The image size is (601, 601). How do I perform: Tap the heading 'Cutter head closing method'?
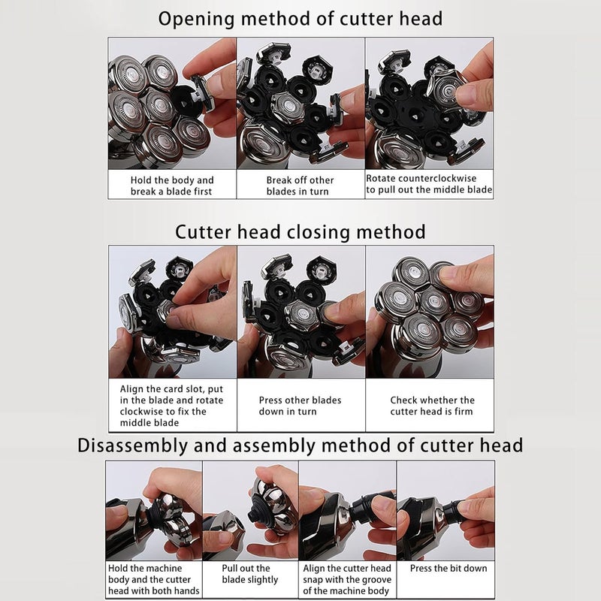300,232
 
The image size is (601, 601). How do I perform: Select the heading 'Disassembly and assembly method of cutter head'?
300,445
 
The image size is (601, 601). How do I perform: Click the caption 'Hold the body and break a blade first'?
172,186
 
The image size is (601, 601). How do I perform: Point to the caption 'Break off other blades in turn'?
300,186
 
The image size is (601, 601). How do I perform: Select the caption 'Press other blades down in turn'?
300,406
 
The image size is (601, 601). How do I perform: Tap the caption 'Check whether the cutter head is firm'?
432,406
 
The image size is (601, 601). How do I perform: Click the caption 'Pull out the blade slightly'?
250,574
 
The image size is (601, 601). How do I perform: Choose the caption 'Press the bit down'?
448,568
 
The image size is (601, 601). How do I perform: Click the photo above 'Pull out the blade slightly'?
250,511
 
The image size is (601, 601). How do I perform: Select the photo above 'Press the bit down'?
445,511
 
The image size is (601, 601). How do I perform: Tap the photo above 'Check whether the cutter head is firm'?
430,312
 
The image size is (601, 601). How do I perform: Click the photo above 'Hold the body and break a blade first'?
172,104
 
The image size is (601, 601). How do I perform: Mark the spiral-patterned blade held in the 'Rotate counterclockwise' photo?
446,91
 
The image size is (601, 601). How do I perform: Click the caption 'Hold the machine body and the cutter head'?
154,579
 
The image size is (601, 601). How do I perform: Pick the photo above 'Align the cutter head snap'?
347,511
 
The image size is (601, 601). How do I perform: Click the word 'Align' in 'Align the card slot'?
132,389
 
